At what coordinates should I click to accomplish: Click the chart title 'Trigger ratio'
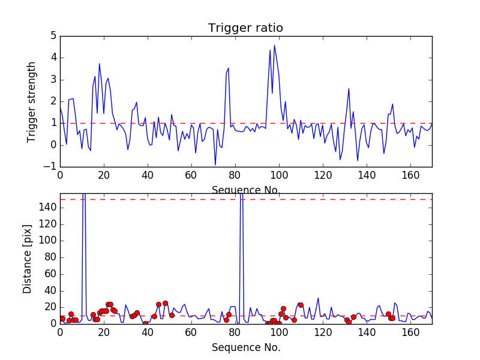click(245, 28)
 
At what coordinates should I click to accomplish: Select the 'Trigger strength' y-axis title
click(32, 101)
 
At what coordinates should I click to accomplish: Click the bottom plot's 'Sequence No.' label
click(245, 347)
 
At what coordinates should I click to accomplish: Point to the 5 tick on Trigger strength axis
click(53, 36)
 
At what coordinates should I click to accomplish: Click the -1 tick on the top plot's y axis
click(50, 167)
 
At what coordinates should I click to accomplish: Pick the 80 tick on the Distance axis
click(50, 257)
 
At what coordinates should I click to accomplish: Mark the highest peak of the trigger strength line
click(275, 46)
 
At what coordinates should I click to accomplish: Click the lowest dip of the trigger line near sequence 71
click(215, 164)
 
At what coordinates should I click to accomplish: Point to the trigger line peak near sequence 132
click(349, 89)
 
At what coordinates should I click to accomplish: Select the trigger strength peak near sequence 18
click(100, 64)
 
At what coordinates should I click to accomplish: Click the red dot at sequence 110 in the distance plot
click(301, 305)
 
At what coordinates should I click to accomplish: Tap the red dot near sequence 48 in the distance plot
click(165, 303)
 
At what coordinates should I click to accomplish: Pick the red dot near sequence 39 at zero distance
click(145, 323)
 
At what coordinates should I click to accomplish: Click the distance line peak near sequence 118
click(318, 298)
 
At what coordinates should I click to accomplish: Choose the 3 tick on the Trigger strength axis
click(53, 80)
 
